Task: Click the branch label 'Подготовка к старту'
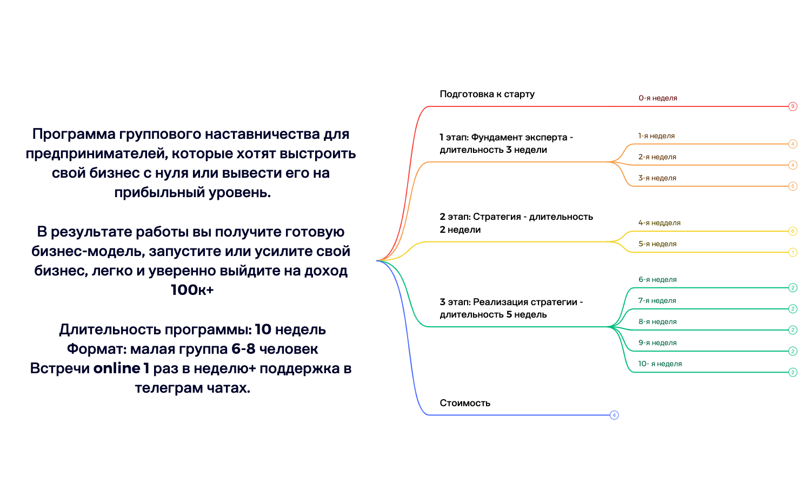487,94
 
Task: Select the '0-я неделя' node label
657,98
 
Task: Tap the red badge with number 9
792,106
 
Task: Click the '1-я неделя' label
656,136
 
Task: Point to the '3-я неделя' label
657,178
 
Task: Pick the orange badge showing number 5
792,186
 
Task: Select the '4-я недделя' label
659,223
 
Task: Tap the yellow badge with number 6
792,231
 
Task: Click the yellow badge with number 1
792,252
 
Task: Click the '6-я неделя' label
657,280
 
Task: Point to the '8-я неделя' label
657,322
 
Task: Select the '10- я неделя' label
660,364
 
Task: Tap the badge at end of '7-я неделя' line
792,309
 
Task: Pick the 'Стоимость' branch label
465,403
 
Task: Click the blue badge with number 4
614,415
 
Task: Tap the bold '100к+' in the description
192,290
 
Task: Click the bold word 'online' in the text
117,368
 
